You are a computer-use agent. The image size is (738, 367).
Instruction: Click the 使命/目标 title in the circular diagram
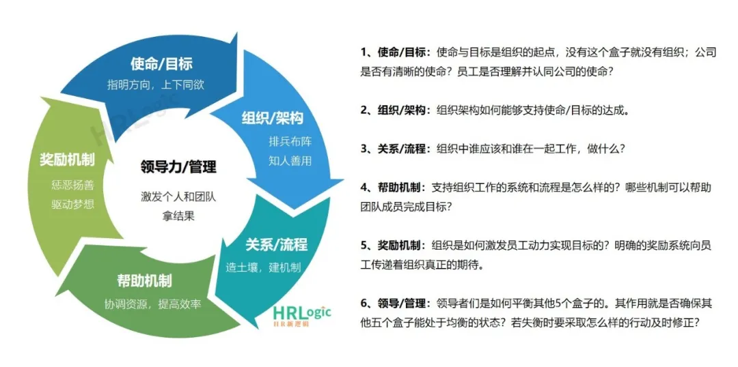coord(161,64)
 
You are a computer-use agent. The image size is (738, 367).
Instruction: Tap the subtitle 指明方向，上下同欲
coord(156,85)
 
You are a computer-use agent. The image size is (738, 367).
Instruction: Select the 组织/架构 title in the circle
coord(272,119)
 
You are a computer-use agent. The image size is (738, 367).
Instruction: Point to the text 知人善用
coord(290,161)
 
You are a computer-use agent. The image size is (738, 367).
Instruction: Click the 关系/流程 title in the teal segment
coord(276,245)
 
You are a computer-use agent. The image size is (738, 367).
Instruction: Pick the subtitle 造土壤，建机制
coord(263,267)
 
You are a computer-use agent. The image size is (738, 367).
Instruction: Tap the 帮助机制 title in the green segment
coord(144,281)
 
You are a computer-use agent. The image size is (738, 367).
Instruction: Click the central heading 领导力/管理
coord(178,166)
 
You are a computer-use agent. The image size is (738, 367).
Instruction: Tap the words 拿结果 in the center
coord(178,216)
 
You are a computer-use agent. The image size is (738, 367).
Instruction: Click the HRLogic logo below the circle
coord(301,314)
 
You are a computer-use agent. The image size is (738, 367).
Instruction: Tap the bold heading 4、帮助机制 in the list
coord(392,186)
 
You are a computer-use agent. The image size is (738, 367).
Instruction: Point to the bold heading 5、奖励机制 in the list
coord(392,244)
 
